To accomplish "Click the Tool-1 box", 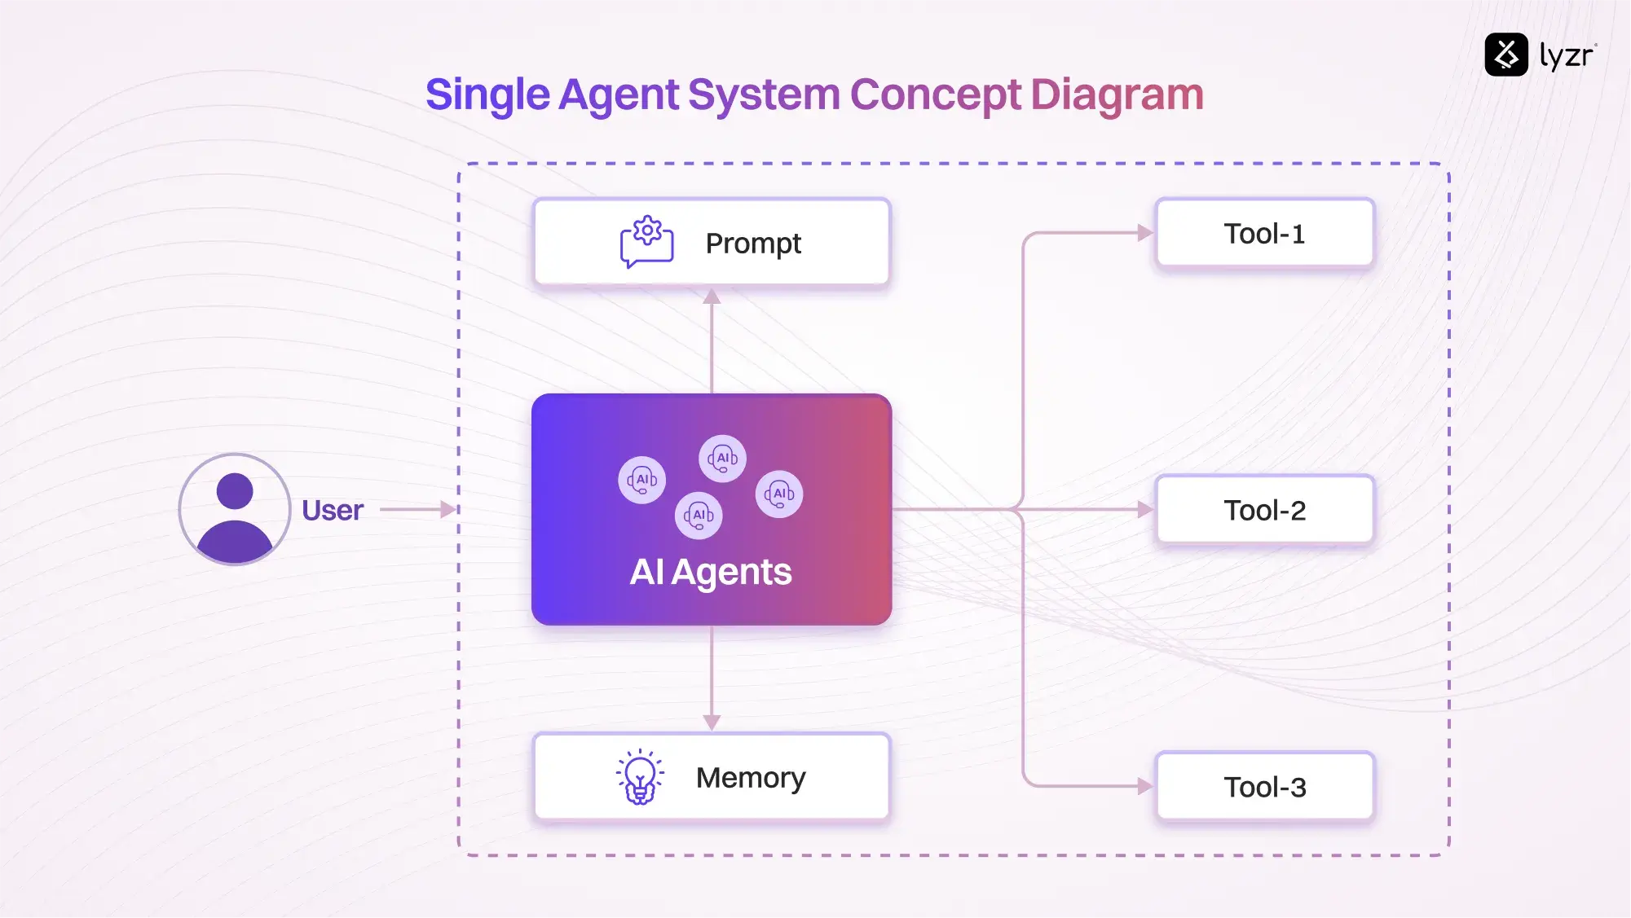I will pyautogui.click(x=1264, y=234).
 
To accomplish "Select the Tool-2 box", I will pyautogui.click(x=1264, y=511).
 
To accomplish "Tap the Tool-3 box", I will pyautogui.click(x=1264, y=787).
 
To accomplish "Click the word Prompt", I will pyautogui.click(x=753, y=244).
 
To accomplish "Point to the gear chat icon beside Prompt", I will pyautogui.click(x=646, y=242).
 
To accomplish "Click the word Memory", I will pyautogui.click(x=750, y=778).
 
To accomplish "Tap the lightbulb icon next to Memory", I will pyautogui.click(x=640, y=777).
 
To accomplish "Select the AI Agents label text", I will pyautogui.click(x=710, y=572).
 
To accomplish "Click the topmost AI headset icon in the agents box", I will pyautogui.click(x=722, y=459).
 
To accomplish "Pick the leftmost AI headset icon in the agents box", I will pyautogui.click(x=642, y=480).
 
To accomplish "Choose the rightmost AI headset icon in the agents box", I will pyautogui.click(x=779, y=494).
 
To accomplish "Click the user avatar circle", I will pyautogui.click(x=235, y=510).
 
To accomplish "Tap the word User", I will pyautogui.click(x=333, y=511).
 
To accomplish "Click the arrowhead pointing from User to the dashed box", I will pyautogui.click(x=447, y=510).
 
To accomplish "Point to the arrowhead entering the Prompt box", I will pyautogui.click(x=712, y=296).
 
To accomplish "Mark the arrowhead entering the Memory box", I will pyautogui.click(x=712, y=723).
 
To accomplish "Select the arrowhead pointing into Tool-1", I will pyautogui.click(x=1144, y=233).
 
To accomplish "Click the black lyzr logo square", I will pyautogui.click(x=1505, y=55).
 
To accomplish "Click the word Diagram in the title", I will pyautogui.click(x=1117, y=94).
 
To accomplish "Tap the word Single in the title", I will pyautogui.click(x=487, y=94).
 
